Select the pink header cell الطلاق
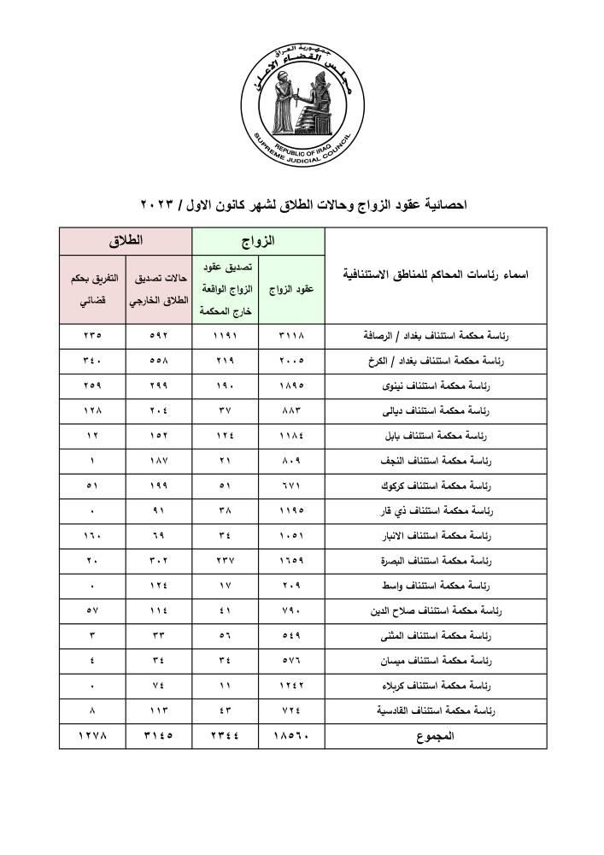[126, 241]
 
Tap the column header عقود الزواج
[292, 289]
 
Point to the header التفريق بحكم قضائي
[92, 289]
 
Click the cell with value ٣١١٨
[292, 336]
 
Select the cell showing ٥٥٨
[160, 361]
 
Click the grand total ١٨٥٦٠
[292, 735]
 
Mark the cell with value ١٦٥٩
[292, 561]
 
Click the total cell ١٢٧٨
[92, 735]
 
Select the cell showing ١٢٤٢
[292, 686]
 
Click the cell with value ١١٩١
[226, 336]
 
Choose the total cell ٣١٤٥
[160, 735]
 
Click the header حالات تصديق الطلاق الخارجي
[160, 289]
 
